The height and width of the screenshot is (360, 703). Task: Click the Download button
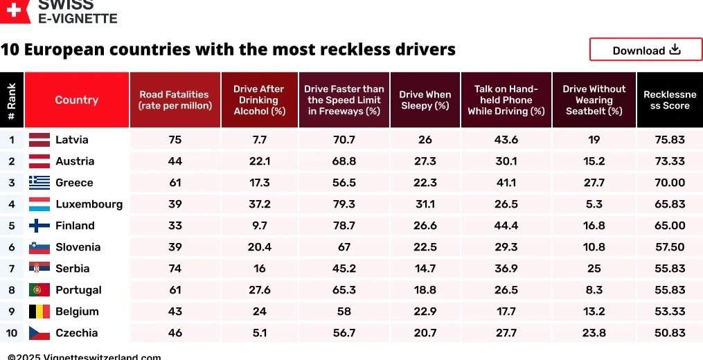646,50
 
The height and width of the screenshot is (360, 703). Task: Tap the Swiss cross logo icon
14,10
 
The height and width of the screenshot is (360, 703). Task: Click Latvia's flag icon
39,140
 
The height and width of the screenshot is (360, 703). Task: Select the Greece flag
39,183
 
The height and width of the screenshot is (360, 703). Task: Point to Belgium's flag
39,312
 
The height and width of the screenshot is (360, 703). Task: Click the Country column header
76,100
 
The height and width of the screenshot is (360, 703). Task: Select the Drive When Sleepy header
425,100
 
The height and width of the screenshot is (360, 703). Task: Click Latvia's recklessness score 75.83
669,140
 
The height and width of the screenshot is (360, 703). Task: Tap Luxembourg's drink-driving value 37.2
259,204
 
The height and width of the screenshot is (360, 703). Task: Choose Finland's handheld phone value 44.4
506,226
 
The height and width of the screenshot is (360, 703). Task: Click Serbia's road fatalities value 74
175,269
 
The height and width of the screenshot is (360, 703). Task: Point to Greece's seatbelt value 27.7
594,183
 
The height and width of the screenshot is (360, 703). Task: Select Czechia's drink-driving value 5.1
259,333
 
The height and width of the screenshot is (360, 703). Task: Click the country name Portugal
78,290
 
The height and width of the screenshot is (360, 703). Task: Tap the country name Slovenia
78,247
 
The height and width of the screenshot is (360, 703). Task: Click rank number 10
12,333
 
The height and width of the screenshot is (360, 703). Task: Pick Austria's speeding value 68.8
344,161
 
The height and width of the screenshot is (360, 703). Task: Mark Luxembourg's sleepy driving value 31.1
425,204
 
